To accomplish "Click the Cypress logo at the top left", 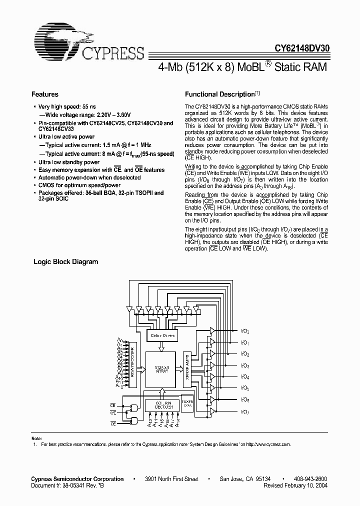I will click(88, 42).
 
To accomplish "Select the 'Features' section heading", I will click(45, 94).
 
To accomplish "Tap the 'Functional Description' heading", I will click(220, 94).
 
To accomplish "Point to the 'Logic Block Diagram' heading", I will click(65, 261).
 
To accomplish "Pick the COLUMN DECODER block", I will click(160, 404).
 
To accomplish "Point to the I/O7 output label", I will click(244, 411).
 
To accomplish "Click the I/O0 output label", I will click(244, 331).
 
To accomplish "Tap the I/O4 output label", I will click(244, 376).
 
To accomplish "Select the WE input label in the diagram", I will click(113, 412).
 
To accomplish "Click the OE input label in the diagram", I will click(113, 423).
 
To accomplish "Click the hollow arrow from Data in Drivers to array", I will click(161, 347).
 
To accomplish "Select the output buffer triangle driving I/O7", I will click(212, 411).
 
